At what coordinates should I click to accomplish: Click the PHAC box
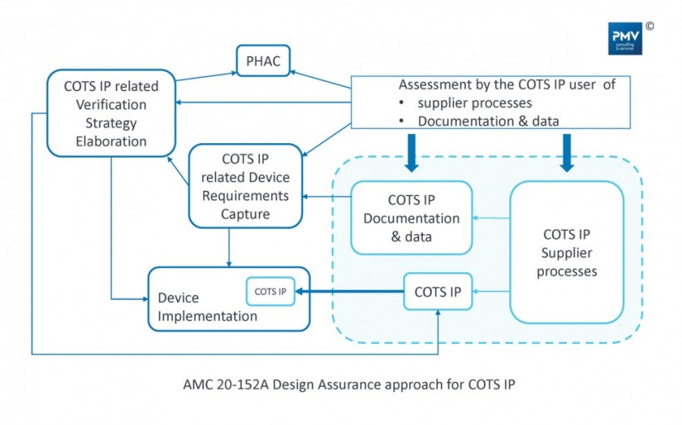(x=263, y=61)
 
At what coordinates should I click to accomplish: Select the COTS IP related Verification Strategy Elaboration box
(x=111, y=114)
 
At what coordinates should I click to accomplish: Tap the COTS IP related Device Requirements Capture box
(x=240, y=186)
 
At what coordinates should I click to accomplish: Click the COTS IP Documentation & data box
(x=411, y=218)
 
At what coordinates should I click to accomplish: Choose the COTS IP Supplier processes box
(x=567, y=252)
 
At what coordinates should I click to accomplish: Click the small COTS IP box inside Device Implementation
(x=271, y=291)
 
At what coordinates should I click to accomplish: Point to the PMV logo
(x=624, y=39)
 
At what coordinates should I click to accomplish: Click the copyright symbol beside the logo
(x=649, y=26)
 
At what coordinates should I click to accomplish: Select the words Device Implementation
(x=207, y=307)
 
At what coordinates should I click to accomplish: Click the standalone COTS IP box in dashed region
(x=437, y=292)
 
